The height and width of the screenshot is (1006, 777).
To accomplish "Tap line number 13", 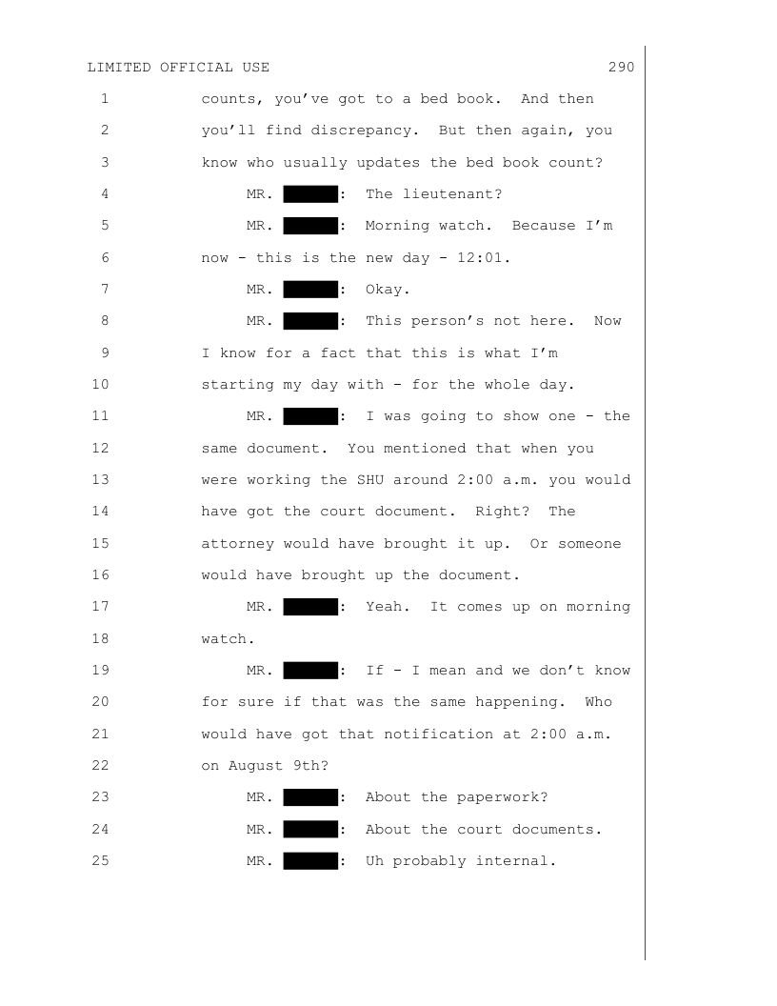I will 101,479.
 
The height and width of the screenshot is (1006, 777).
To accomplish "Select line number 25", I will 101,860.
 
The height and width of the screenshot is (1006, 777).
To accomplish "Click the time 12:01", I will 486,257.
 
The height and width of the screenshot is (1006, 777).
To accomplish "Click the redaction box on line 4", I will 310,194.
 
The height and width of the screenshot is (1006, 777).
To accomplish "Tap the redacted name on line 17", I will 310,607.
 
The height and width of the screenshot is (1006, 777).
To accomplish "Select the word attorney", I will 233,543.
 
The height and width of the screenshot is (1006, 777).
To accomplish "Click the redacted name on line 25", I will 310,860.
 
